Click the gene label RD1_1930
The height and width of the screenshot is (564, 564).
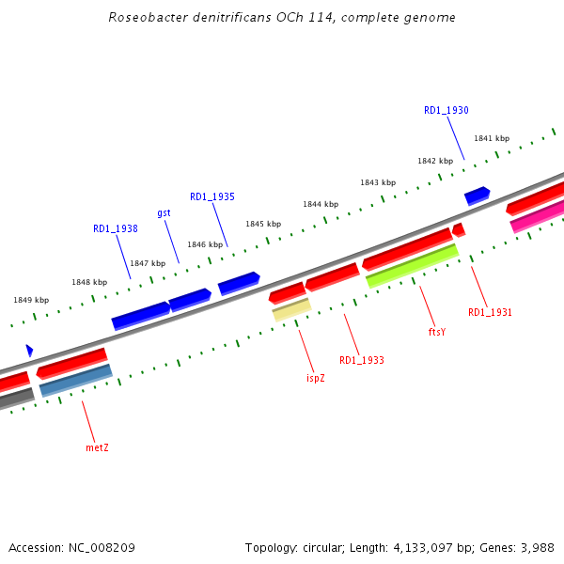(446, 110)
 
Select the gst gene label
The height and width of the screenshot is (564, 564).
(164, 212)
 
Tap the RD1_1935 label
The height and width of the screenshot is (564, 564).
(211, 196)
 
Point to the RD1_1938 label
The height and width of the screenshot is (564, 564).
(116, 228)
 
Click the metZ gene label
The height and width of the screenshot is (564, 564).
(97, 447)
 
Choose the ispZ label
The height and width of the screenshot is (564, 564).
(316, 378)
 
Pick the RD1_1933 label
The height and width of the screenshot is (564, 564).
(361, 360)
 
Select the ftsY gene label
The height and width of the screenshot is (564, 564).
(436, 331)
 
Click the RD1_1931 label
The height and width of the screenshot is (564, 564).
(490, 312)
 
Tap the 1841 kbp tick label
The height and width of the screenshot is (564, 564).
(491, 138)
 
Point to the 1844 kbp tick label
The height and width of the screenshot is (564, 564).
(320, 204)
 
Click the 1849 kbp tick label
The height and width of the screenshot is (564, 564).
(30, 300)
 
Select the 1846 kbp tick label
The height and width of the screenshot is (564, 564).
(204, 244)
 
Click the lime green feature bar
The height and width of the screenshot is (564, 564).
(412, 266)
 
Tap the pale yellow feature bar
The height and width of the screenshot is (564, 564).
(291, 309)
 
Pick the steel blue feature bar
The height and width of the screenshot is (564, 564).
(75, 381)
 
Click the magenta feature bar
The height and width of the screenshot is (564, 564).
(538, 216)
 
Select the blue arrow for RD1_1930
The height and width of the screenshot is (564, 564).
(477, 196)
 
